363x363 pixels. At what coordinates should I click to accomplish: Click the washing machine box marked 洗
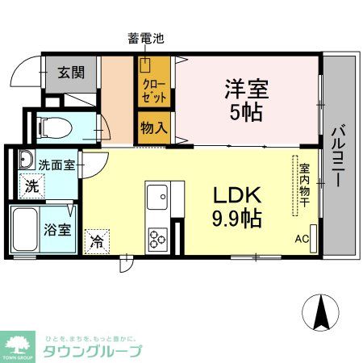[30, 185]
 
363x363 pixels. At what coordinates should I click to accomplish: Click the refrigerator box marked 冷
[97, 240]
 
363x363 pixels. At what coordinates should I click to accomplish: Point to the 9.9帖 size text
[236, 217]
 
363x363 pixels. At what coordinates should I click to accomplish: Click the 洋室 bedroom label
[245, 89]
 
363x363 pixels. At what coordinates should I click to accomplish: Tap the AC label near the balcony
[302, 239]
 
